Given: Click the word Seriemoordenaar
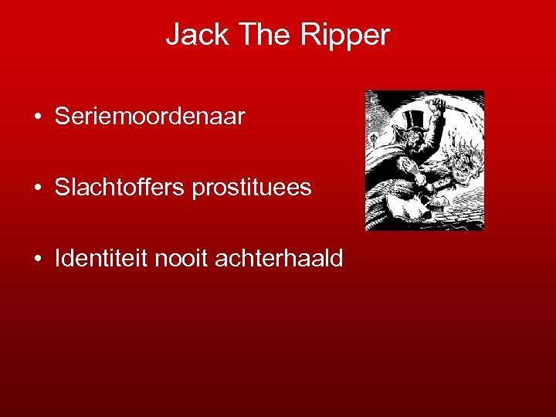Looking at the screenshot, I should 150,117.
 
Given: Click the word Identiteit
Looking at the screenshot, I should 101,259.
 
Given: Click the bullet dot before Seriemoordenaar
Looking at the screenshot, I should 37,118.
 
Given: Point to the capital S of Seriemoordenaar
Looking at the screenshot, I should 62,117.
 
